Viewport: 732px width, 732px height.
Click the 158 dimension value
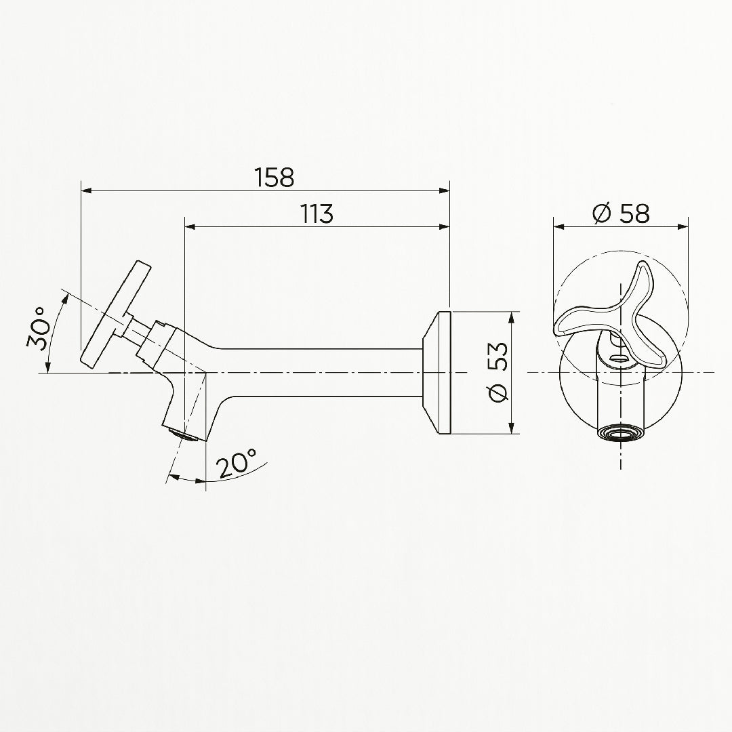coord(274,178)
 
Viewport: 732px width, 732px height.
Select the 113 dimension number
coord(317,213)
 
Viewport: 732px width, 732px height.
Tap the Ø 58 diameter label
coord(621,213)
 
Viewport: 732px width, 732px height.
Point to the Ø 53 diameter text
coord(497,372)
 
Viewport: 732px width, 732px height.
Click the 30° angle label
coord(37,329)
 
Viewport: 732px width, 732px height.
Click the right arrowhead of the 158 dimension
coord(444,190)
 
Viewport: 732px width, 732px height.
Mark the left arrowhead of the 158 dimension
coord(87,190)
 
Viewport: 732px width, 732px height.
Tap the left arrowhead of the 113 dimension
coord(191,227)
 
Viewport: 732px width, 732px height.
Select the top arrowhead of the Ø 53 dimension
coord(512,317)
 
